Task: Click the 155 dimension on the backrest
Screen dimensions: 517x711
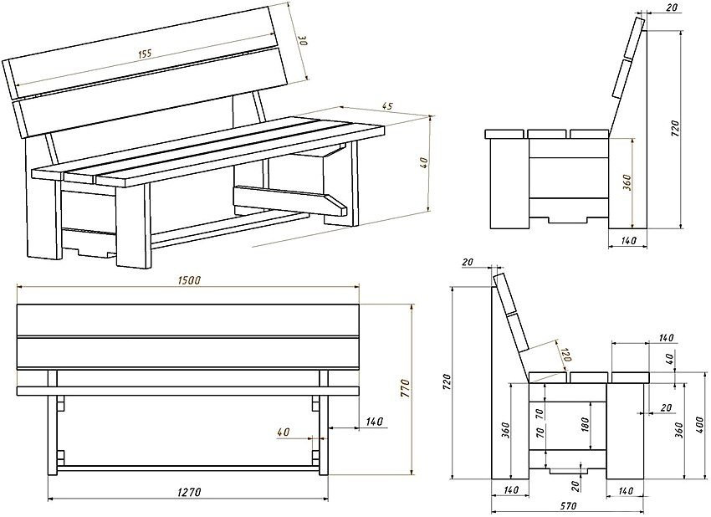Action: [144, 54]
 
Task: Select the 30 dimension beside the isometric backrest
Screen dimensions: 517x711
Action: [303, 42]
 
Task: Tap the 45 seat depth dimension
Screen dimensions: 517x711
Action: [386, 106]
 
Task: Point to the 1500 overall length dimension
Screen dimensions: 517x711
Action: [189, 281]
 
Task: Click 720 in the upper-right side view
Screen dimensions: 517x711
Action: [674, 128]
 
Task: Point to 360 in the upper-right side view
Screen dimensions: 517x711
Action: [627, 182]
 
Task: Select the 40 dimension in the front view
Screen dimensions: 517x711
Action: [282, 433]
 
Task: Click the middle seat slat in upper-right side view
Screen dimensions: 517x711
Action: [546, 133]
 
